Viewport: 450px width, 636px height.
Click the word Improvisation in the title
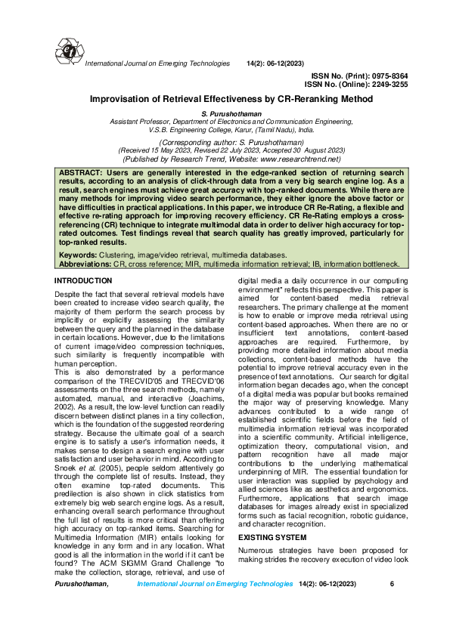tap(119, 99)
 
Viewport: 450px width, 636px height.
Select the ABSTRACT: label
tap(82, 174)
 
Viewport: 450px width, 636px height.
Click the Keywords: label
tap(78, 256)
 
